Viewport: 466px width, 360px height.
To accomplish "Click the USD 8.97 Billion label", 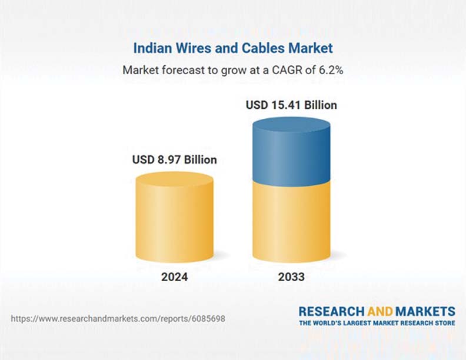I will (x=174, y=159).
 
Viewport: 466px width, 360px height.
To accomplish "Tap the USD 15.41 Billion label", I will (x=291, y=105).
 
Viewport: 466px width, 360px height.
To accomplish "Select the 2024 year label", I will (x=174, y=276).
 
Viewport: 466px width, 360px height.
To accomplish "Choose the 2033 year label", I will (x=291, y=276).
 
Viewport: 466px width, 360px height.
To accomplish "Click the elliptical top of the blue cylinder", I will (x=291, y=124).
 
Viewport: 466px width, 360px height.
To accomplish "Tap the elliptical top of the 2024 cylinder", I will (x=174, y=179).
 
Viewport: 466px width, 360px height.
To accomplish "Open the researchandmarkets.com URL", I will (x=118, y=319).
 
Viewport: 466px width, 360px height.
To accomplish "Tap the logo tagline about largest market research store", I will (x=377, y=323).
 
